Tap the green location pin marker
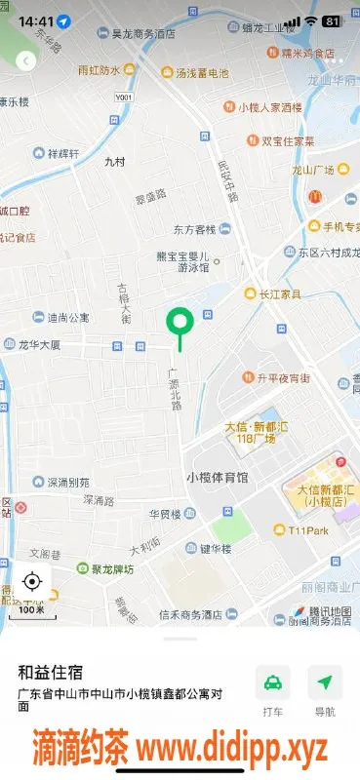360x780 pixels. tap(180, 322)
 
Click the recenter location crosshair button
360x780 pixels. tap(31, 582)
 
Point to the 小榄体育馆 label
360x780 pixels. tap(217, 478)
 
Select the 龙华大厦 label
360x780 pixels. tap(40, 345)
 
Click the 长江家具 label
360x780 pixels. tap(278, 292)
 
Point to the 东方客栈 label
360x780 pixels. tap(194, 230)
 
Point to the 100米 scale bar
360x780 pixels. tap(31, 609)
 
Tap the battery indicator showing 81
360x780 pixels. tap(332, 20)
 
